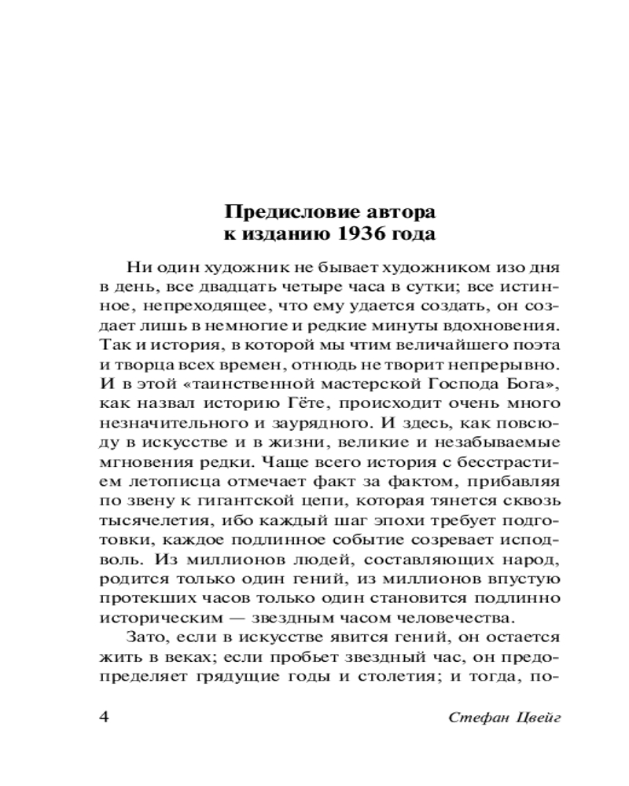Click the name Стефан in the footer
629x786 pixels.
pyautogui.click(x=474, y=718)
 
